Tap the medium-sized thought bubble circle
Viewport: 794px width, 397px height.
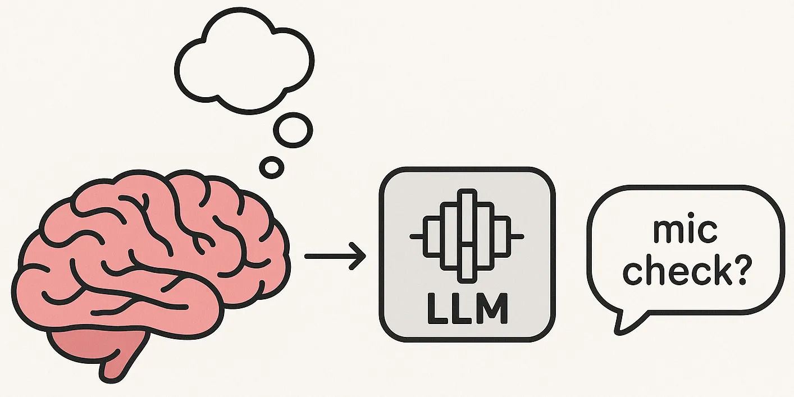coord(293,130)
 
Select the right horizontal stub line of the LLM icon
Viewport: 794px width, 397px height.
coord(517,236)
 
